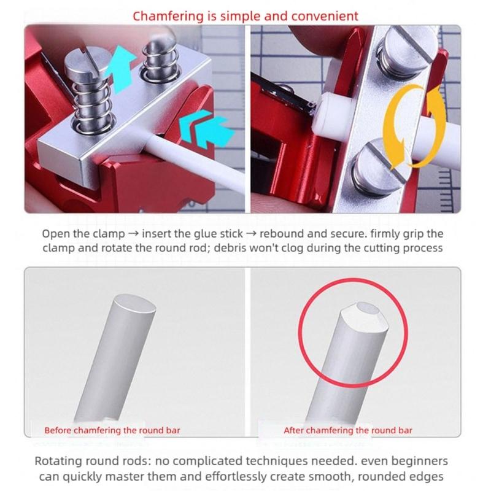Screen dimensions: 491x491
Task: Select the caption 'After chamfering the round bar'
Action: click(347, 430)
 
